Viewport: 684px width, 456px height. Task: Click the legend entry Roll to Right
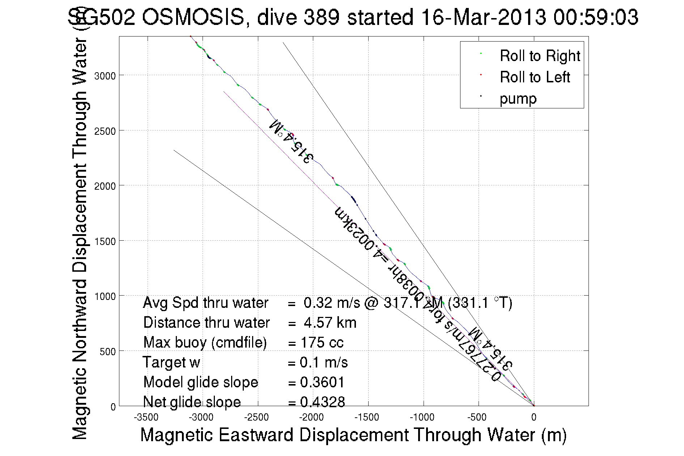click(x=539, y=56)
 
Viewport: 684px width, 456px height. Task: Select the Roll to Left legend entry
click(x=535, y=77)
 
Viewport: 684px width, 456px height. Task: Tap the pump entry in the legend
click(x=518, y=99)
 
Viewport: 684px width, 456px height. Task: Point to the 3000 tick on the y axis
click(x=105, y=76)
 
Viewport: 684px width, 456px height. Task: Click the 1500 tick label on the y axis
click(x=105, y=241)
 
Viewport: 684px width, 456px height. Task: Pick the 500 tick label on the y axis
click(x=107, y=352)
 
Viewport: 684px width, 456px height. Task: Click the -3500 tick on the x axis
click(x=146, y=418)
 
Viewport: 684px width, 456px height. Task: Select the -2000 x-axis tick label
click(x=311, y=418)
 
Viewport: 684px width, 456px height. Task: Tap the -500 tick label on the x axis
click(x=477, y=418)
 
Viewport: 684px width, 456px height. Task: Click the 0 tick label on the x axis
click(x=534, y=418)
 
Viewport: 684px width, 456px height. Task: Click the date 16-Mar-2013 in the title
click(x=484, y=17)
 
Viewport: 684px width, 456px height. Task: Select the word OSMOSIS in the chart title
click(x=193, y=17)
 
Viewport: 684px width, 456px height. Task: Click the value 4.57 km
click(x=330, y=323)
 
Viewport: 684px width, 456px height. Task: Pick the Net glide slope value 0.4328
click(x=322, y=402)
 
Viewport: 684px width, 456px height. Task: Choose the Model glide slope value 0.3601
click(x=322, y=382)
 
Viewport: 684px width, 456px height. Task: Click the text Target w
click(x=171, y=362)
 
